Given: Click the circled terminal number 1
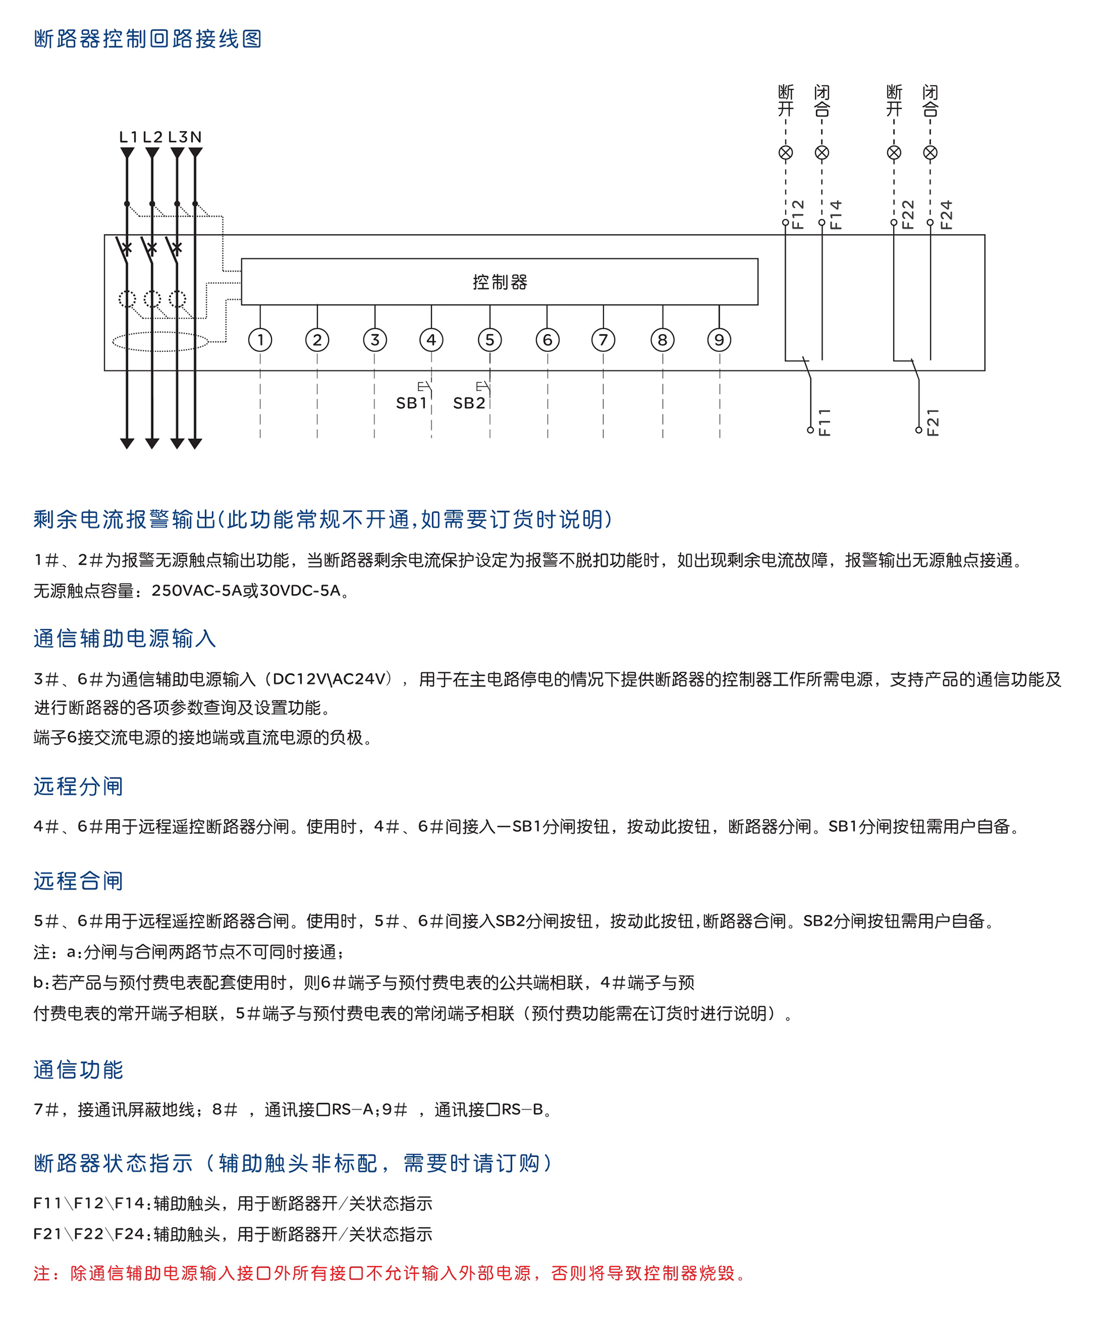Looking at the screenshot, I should point(260,340).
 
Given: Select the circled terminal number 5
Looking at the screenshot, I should point(490,340).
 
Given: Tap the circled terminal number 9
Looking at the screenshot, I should point(719,340).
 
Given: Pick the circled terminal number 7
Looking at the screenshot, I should point(603,340).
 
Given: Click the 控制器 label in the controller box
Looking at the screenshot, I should point(500,282).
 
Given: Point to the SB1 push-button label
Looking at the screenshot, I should point(411,403).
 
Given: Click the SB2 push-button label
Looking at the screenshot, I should point(469,403).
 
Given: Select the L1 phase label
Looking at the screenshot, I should point(129,137).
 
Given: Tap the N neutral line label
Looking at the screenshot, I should point(196,137).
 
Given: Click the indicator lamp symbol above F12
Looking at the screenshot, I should point(785,152).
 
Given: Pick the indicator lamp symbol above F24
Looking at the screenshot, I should point(930,152).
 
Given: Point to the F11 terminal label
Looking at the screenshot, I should point(824,422).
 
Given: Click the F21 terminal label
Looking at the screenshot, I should point(933,422).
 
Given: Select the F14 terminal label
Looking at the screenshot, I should point(835,214).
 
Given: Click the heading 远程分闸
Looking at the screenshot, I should point(78,786).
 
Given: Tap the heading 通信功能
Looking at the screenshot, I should point(78,1070).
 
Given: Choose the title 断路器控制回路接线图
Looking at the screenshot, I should point(148,39).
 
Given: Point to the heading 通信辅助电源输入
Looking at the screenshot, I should point(125,639).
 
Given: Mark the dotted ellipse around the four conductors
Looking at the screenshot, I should point(160,342).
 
